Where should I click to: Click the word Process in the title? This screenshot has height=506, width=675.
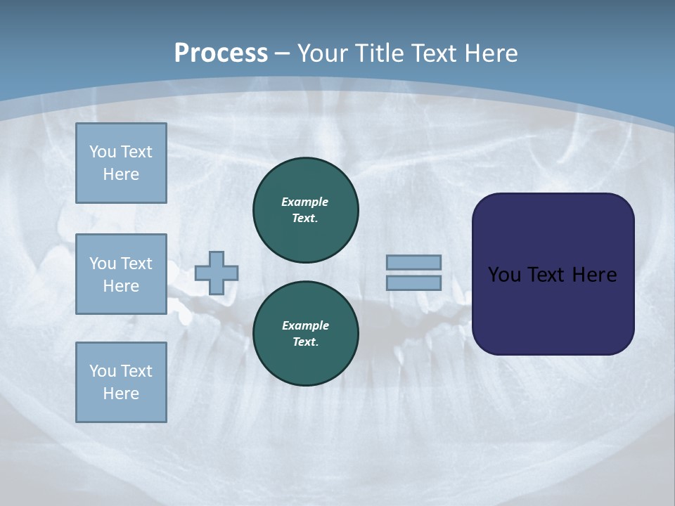click(221, 53)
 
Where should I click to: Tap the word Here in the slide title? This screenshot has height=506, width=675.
click(491, 53)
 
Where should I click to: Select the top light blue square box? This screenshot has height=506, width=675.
click(121, 163)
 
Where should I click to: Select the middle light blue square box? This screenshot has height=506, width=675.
click(121, 274)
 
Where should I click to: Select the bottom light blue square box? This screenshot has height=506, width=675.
click(121, 382)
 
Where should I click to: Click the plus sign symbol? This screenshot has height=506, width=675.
click(217, 273)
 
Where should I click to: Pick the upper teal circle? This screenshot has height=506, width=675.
click(306, 210)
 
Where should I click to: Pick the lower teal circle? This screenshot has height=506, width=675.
click(306, 334)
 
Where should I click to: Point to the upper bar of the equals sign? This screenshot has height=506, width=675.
click(414, 262)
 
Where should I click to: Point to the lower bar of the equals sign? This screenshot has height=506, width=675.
click(414, 283)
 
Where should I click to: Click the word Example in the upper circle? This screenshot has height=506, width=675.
click(304, 202)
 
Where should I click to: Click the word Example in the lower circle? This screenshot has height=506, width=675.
click(305, 325)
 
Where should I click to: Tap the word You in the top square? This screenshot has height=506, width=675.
click(102, 152)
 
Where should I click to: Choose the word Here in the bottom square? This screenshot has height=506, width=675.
click(121, 394)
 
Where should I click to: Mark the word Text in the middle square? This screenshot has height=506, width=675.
click(136, 264)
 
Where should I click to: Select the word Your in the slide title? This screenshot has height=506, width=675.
click(322, 53)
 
